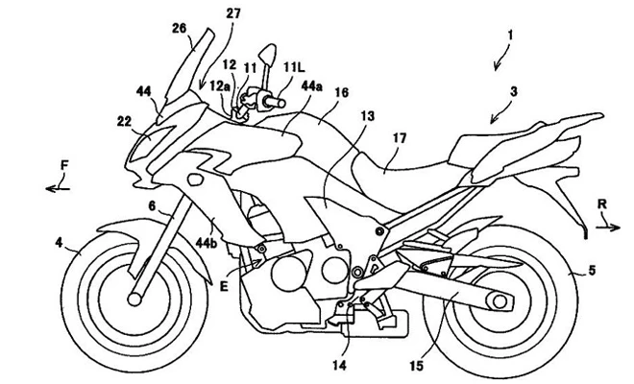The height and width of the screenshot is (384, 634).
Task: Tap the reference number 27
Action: (234, 12)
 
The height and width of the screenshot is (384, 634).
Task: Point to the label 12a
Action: (223, 84)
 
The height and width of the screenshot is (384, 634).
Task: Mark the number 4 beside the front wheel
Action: (61, 246)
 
